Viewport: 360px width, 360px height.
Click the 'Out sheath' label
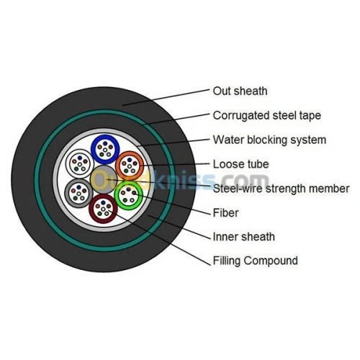click(240, 91)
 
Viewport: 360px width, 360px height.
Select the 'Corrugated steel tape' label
click(267, 116)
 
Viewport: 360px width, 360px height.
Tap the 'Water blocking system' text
click(269, 140)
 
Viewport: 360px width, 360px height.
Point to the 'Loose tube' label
click(241, 164)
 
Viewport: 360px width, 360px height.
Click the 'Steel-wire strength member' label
click(281, 189)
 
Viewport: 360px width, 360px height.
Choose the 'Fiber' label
click(226, 213)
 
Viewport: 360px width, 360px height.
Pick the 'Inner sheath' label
click(244, 237)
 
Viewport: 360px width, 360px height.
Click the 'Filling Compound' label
click(256, 261)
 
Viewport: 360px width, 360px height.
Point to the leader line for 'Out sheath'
click(166, 97)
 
